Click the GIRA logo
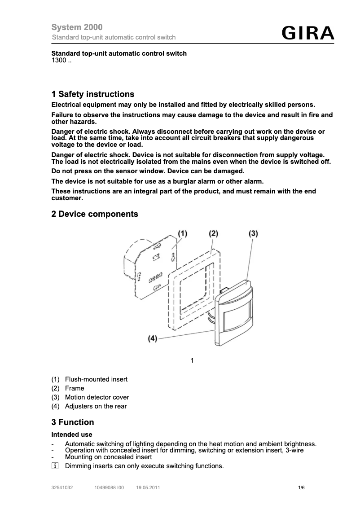[x=308, y=33]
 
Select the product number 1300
[x=61, y=61]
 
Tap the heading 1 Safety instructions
[x=93, y=94]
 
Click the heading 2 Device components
[x=95, y=214]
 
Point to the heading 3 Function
[x=73, y=422]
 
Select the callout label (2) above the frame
[x=213, y=233]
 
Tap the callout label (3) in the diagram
[x=253, y=233]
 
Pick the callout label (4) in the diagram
[x=153, y=339]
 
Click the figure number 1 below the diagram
[x=192, y=360]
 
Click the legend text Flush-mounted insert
[x=96, y=379]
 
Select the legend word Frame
[x=75, y=388]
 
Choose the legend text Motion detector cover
[x=97, y=397]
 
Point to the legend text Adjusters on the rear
[x=96, y=406]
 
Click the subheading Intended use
[x=72, y=434]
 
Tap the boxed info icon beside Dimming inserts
[x=55, y=466]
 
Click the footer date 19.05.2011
[x=148, y=487]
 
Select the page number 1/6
[x=301, y=487]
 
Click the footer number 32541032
[x=62, y=487]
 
